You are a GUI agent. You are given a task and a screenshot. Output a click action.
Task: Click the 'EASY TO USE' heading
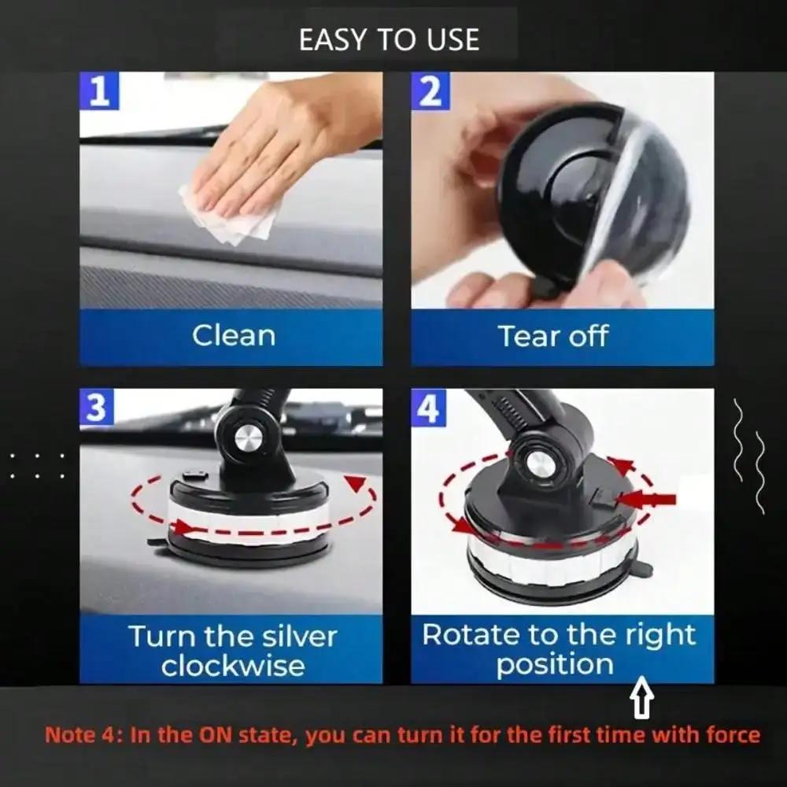[x=389, y=39]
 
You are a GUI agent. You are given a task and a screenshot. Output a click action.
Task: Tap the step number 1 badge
[x=99, y=91]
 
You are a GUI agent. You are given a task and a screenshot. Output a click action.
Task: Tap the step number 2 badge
[x=430, y=91]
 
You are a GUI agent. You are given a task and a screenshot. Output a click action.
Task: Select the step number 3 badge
[x=97, y=408]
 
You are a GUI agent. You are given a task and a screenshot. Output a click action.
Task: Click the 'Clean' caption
[x=234, y=335]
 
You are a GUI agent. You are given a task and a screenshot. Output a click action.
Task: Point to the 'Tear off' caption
[x=553, y=336]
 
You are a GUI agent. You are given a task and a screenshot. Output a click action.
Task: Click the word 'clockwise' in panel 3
[x=233, y=665]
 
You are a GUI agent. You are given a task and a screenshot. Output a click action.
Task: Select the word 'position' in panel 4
[x=555, y=664]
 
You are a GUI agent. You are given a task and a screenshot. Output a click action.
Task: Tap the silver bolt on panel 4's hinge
[x=541, y=464]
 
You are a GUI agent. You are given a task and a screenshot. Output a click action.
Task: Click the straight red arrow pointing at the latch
[x=648, y=499]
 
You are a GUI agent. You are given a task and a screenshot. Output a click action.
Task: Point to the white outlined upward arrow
[x=643, y=700]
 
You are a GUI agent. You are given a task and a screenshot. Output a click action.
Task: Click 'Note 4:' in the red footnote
[x=83, y=736]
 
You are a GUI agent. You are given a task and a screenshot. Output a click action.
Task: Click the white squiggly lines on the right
[x=748, y=456]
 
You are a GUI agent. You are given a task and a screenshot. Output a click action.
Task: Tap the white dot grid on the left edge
[x=37, y=466]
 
